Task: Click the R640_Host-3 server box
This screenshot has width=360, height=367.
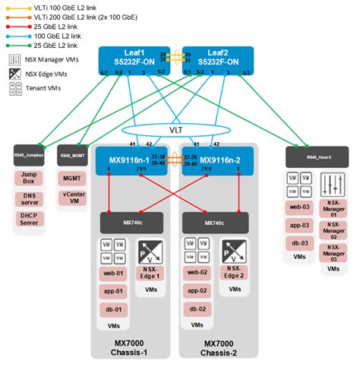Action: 317,156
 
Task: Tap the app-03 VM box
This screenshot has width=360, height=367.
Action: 299,226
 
